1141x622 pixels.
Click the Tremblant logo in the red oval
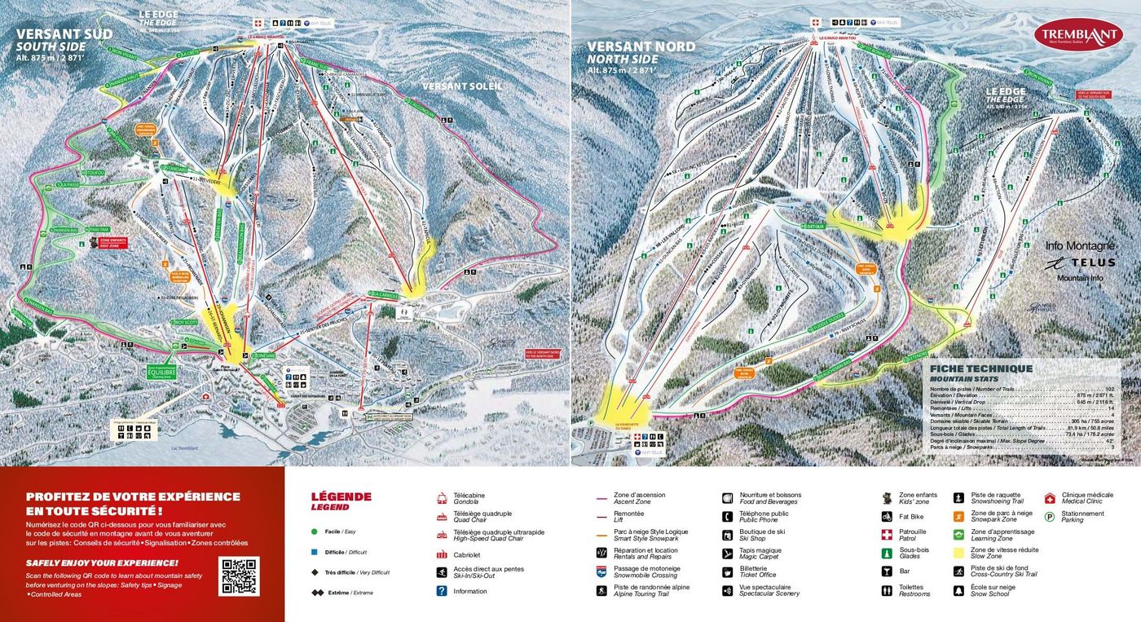click(x=1077, y=34)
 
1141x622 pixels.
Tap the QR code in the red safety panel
click(x=239, y=576)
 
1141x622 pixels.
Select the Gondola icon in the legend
click(x=442, y=497)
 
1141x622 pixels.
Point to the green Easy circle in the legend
click(x=314, y=532)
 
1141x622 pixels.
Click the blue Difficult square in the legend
click(x=314, y=552)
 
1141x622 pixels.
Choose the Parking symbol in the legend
click(x=1050, y=514)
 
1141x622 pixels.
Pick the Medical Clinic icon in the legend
click(x=1050, y=497)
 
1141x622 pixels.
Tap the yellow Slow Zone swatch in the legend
click(x=959, y=553)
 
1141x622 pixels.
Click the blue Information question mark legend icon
click(x=442, y=591)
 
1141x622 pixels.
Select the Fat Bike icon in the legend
click(x=887, y=516)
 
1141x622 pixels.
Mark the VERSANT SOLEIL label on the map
click(x=462, y=86)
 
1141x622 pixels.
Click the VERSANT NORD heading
click(x=641, y=46)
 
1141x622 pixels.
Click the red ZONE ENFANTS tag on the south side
click(x=113, y=243)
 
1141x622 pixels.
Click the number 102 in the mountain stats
click(x=1108, y=389)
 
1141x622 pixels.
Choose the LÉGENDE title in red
click(x=341, y=496)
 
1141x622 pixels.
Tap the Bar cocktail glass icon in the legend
click(x=887, y=571)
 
